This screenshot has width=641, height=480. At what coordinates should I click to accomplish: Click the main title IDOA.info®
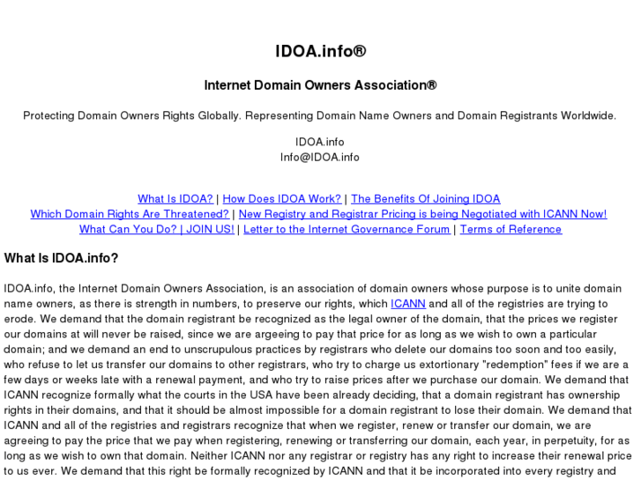click(x=320, y=51)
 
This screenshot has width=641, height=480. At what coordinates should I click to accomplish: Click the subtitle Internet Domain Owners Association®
click(x=320, y=86)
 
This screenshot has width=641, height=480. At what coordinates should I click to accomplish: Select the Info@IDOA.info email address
click(x=320, y=158)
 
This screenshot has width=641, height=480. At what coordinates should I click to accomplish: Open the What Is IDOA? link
click(x=175, y=199)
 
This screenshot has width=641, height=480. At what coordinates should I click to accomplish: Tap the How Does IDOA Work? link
click(x=282, y=199)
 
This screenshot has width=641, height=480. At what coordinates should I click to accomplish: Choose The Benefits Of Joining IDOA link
click(x=425, y=199)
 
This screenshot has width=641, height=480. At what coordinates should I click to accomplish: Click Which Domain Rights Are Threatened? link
click(x=130, y=214)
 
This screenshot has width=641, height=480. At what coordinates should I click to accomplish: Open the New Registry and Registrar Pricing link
click(x=422, y=214)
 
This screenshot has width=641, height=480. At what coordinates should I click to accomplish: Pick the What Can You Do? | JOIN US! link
click(x=157, y=229)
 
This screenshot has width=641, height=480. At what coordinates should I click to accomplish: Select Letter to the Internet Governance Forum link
click(x=347, y=229)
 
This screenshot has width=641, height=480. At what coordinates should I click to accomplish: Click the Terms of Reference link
click(x=511, y=229)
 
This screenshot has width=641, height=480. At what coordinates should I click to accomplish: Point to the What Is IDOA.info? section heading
click(x=61, y=258)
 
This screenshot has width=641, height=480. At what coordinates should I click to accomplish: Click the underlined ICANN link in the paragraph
click(x=408, y=304)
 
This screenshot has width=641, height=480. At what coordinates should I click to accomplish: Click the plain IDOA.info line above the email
click(x=320, y=142)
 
